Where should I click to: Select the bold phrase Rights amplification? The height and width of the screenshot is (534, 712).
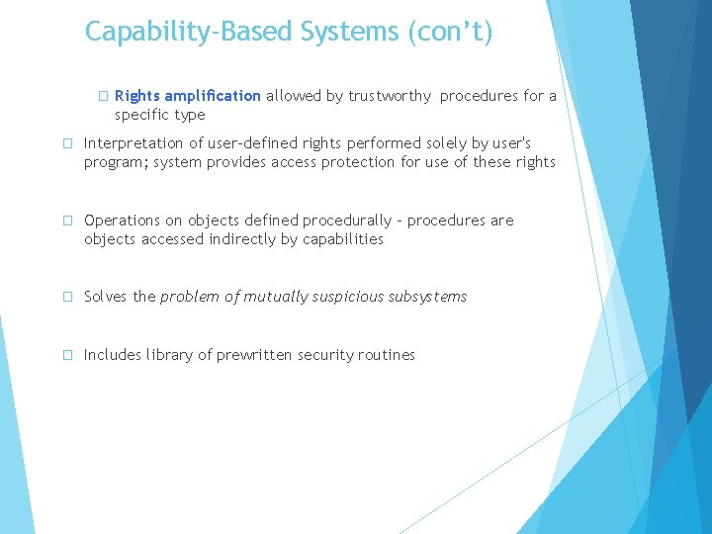coord(188,96)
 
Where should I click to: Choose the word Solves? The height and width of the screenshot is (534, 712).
coord(107,297)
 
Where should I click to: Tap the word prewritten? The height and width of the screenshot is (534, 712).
coord(254,355)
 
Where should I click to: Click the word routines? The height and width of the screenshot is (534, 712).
coord(385,355)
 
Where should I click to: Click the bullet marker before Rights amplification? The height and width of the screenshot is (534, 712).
coord(102,97)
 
